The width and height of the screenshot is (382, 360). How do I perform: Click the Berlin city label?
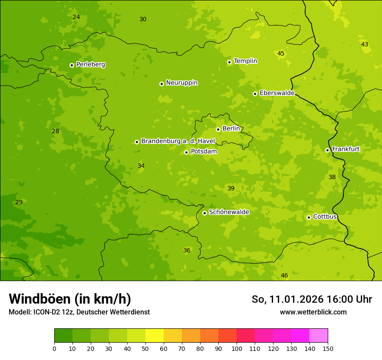231,129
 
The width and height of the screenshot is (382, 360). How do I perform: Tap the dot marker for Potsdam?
186,152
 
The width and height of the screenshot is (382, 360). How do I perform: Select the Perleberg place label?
90,65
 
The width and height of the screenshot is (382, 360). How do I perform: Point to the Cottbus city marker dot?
309,217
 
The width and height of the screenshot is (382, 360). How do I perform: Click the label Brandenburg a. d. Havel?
178,141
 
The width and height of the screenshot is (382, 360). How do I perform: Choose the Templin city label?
245,61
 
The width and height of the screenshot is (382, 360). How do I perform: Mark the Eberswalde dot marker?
255,94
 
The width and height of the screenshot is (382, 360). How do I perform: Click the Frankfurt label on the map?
346,149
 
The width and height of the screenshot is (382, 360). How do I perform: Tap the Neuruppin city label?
181,83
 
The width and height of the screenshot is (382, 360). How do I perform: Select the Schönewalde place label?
229,212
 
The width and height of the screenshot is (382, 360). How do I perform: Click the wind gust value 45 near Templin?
281,53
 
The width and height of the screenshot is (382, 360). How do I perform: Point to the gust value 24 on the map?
76,17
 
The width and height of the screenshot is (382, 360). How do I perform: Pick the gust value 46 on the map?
284,275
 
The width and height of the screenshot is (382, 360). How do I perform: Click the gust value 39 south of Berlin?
231,188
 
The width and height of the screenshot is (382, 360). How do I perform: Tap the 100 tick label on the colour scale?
237,348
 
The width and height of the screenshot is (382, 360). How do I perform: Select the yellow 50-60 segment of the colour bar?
155,336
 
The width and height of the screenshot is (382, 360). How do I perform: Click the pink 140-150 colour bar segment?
319,336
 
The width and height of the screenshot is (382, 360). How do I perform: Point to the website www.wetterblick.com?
313,312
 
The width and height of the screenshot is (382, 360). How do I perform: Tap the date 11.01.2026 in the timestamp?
296,299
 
